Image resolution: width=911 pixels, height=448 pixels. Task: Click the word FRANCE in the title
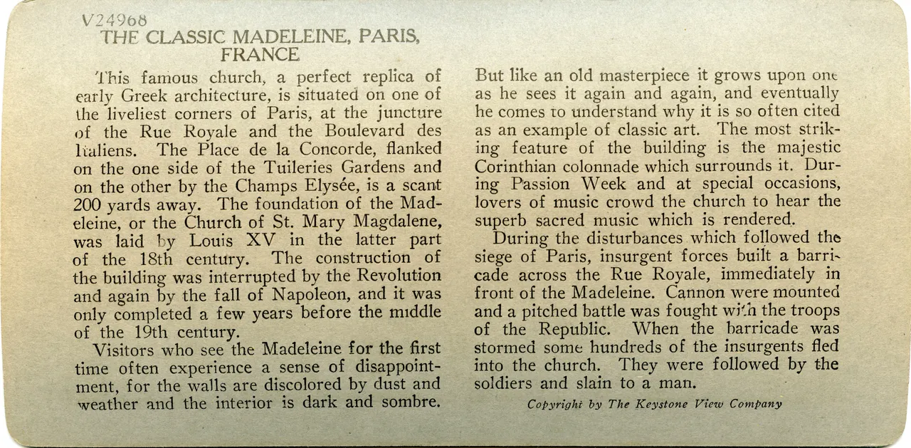[260, 55]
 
